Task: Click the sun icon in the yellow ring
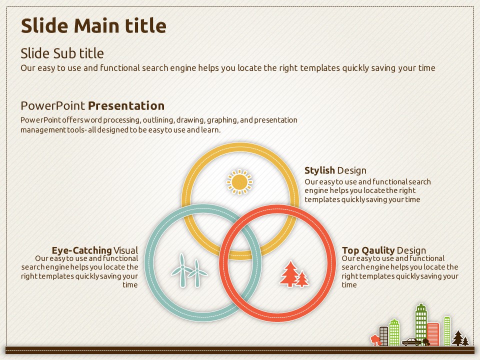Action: point(239,182)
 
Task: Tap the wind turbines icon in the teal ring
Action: point(189,270)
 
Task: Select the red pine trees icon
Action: point(294,273)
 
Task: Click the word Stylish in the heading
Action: point(319,170)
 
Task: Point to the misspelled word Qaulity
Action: point(378,250)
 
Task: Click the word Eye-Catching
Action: point(81,250)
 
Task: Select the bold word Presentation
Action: point(126,106)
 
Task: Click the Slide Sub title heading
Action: point(62,53)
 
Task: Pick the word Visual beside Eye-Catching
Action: point(126,250)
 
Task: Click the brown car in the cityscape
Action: point(411,342)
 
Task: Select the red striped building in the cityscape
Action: point(433,334)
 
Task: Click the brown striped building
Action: point(383,336)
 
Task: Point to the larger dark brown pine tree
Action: point(457,338)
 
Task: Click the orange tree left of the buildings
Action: point(374,340)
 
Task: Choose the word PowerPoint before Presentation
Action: point(52,106)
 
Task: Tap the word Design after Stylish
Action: point(351,170)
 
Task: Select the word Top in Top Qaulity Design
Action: point(350,250)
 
